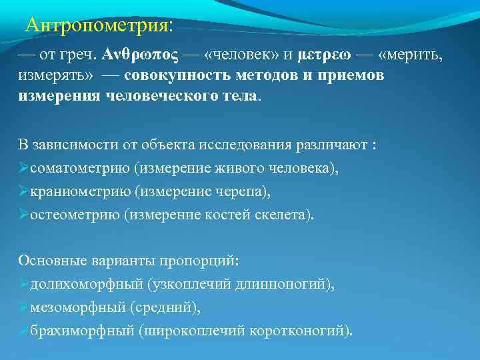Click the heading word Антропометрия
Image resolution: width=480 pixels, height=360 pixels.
coord(97,26)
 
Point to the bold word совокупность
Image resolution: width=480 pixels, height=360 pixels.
coord(170,75)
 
